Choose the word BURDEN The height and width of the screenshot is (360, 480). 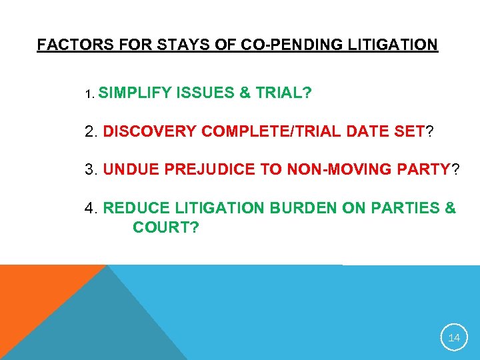click(x=302, y=209)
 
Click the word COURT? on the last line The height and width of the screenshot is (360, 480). click(x=165, y=228)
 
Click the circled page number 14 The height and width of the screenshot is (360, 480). click(x=453, y=338)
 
